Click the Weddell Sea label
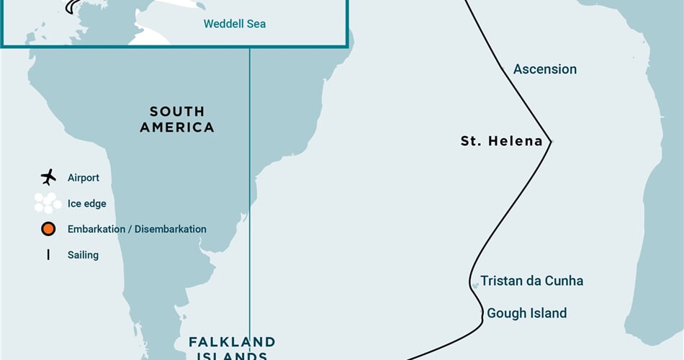(234, 24)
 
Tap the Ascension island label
(544, 69)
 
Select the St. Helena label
(501, 141)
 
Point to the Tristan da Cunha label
(531, 281)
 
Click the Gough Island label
(526, 313)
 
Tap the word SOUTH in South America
(177, 112)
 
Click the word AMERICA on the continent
(177, 127)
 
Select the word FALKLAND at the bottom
(232, 342)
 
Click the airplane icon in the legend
(48, 177)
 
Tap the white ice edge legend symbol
(48, 203)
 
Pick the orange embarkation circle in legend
(48, 229)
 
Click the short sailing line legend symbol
(48, 255)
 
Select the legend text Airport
(84, 177)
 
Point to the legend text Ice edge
(86, 204)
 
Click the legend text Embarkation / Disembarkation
(137, 229)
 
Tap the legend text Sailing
(83, 255)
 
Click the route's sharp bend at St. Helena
(551, 141)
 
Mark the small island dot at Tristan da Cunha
(475, 286)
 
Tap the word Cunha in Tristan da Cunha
(564, 281)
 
